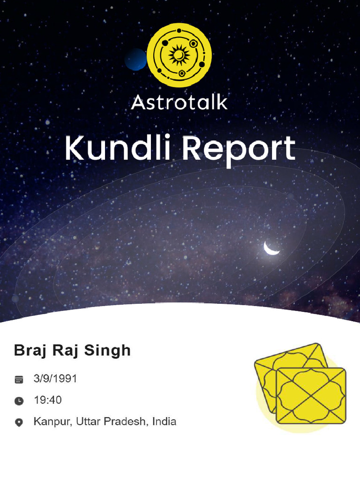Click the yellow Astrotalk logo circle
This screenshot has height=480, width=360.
[x=179, y=55]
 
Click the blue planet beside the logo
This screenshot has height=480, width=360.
[x=136, y=60]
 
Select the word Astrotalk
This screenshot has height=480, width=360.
[x=179, y=102]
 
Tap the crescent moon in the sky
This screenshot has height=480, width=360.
[x=270, y=248]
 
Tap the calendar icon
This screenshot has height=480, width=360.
[x=19, y=380]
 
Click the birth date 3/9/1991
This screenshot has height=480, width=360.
[x=55, y=379]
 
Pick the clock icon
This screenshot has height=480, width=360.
[x=19, y=401]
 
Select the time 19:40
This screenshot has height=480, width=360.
[x=47, y=400]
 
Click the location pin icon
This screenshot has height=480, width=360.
[x=19, y=423]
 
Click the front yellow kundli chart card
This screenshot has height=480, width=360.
[x=311, y=396]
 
